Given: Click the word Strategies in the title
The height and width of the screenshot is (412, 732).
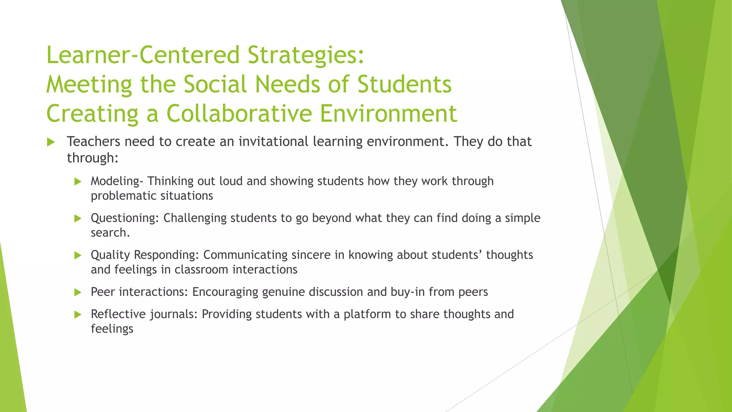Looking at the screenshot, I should (306, 56).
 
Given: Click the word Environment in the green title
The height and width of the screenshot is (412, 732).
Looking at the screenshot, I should (389, 114).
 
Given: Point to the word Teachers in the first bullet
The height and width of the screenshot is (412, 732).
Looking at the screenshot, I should (94, 142).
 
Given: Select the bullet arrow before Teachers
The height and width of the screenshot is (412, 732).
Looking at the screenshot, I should (51, 142).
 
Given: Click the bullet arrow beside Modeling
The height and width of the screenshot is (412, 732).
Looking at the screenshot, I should (78, 182).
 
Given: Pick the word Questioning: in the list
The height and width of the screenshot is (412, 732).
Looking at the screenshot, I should (125, 218).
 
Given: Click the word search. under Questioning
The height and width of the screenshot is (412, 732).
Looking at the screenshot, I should (110, 233).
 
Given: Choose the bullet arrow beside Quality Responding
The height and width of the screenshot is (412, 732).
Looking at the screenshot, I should (78, 255).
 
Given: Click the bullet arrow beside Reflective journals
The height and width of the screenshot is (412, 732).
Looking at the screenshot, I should (78, 315).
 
